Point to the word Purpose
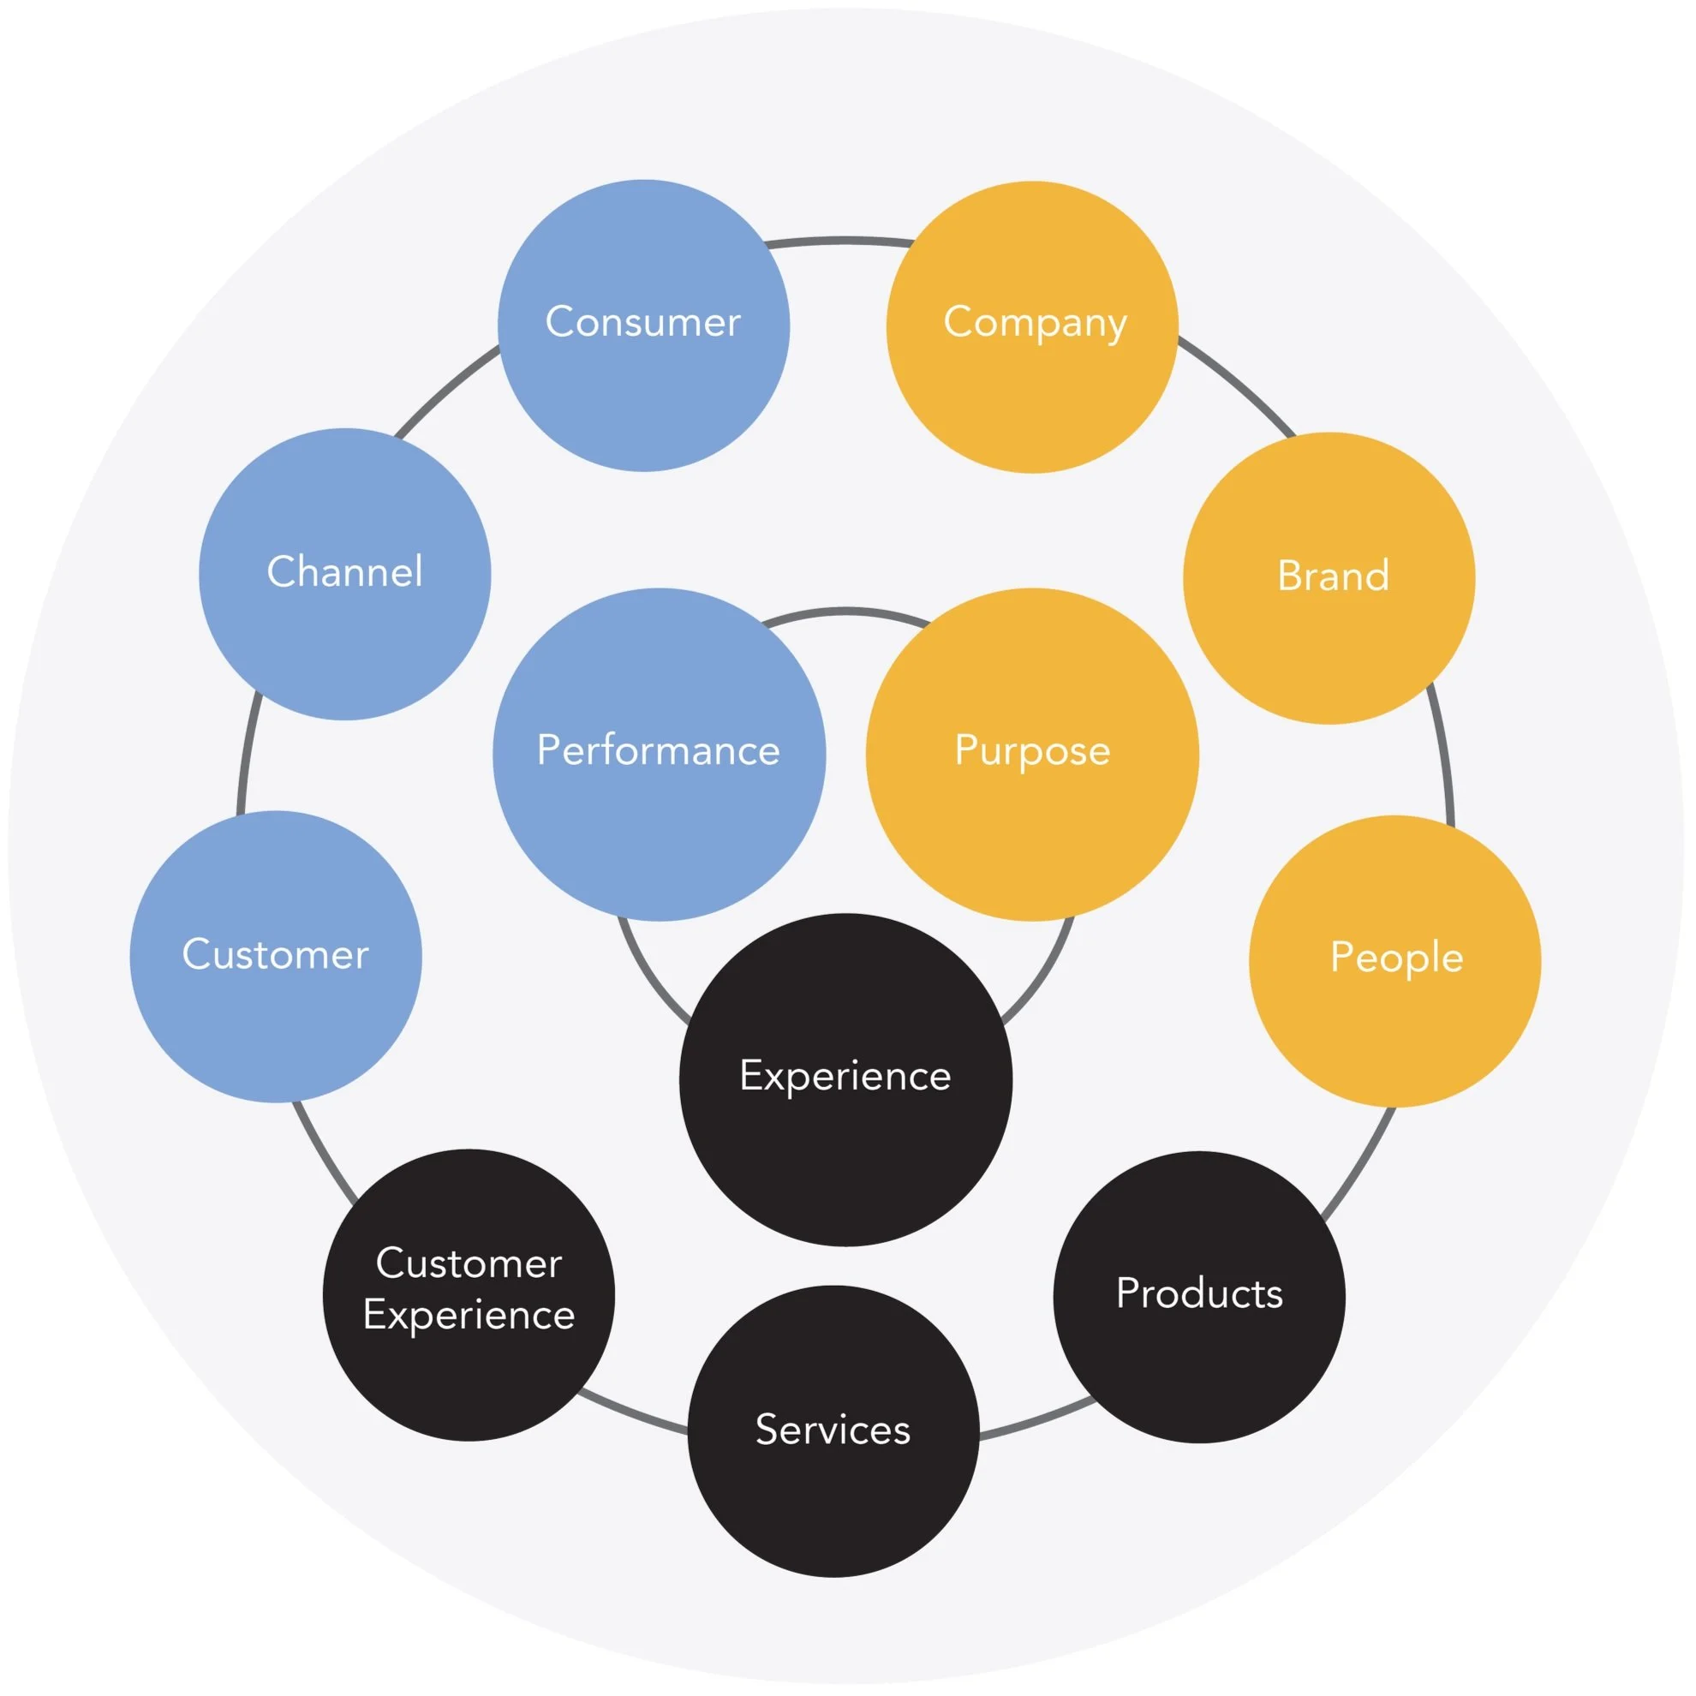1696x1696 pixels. (1032, 750)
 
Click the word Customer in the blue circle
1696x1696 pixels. (276, 954)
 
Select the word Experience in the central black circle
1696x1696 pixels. (845, 1075)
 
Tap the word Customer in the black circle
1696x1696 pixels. (469, 1263)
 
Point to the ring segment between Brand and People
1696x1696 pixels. (1442, 755)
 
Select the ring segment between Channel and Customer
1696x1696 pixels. (246, 755)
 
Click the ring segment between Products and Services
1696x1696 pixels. (1036, 1423)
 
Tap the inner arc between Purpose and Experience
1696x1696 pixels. (1045, 975)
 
